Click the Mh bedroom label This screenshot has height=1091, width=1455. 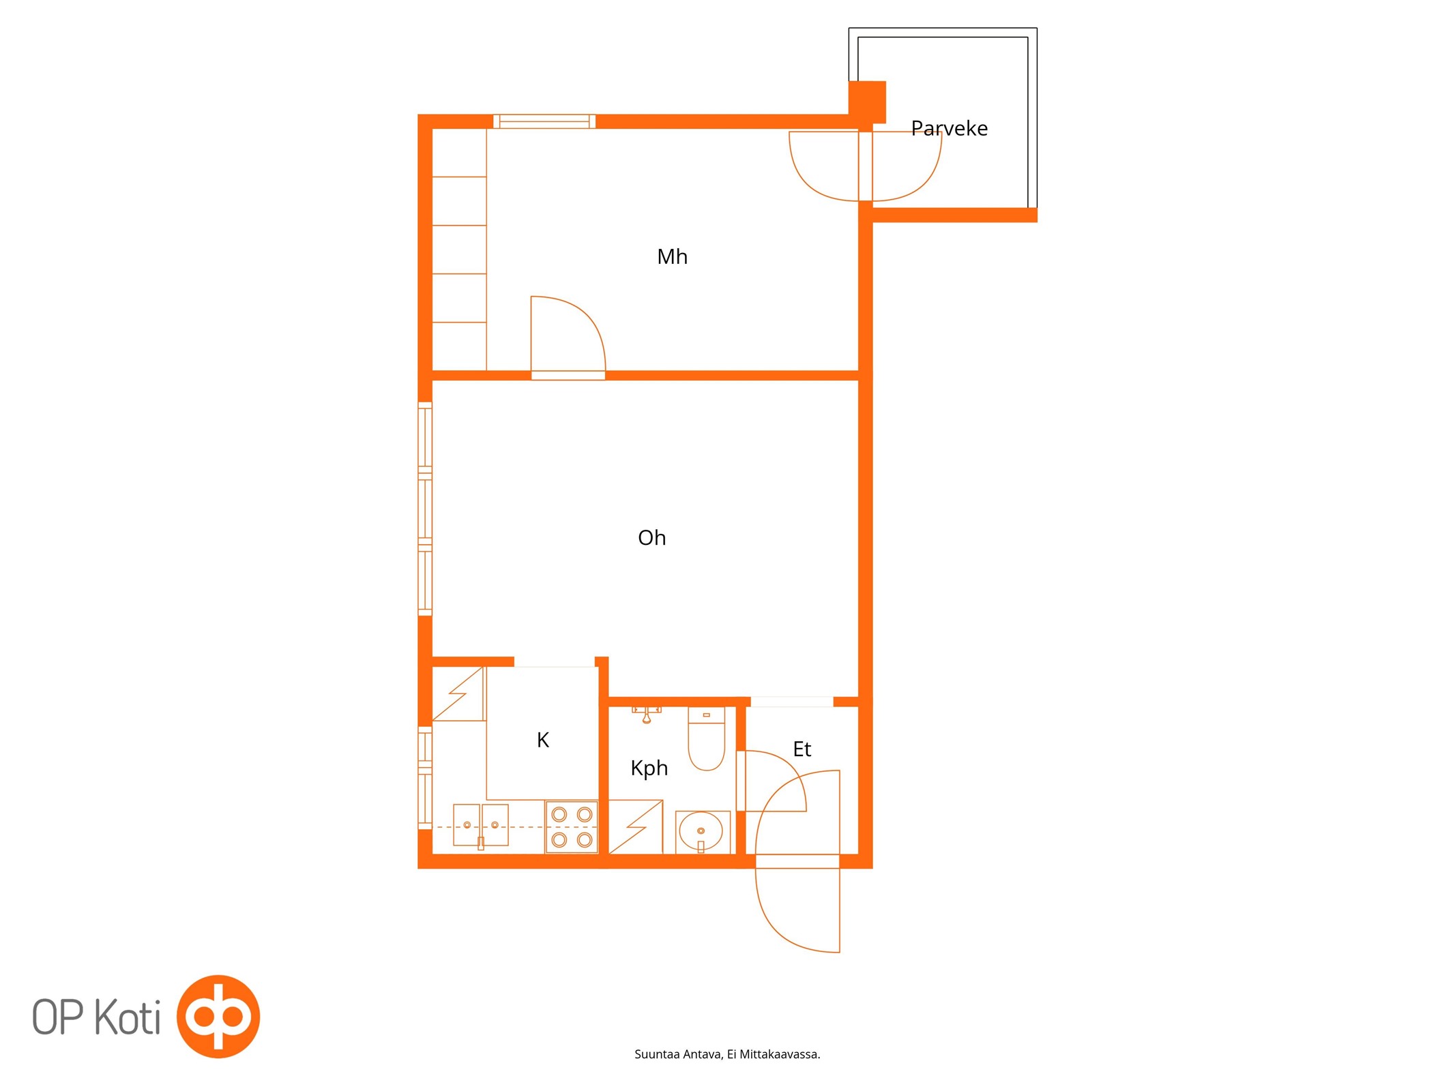(x=672, y=256)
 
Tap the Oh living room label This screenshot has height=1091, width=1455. (x=651, y=537)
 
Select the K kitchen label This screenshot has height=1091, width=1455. (x=543, y=740)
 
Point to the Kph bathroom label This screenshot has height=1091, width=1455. (x=649, y=768)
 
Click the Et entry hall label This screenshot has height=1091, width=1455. (x=802, y=749)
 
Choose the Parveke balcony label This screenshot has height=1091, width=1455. (x=950, y=128)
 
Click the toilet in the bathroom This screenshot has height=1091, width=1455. (x=706, y=739)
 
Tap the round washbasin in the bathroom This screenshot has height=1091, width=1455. (x=701, y=831)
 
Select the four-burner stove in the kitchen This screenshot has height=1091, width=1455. (x=572, y=826)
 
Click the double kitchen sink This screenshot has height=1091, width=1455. (x=481, y=826)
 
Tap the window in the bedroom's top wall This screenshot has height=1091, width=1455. (x=544, y=121)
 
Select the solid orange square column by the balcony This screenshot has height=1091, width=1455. (x=867, y=102)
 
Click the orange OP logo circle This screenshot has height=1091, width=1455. (x=218, y=1017)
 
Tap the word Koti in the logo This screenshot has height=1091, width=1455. (x=128, y=1017)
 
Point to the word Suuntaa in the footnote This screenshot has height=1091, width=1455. (x=657, y=1054)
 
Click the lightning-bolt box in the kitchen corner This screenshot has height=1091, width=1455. (x=458, y=693)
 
